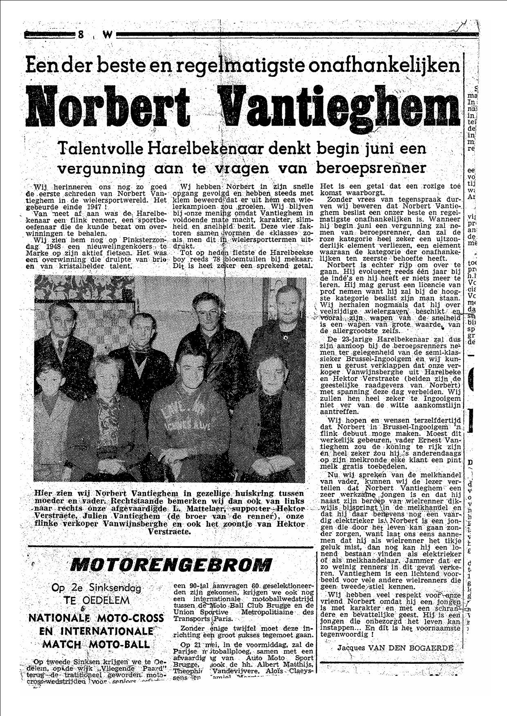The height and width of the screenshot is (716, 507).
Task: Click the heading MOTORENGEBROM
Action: (x=171, y=565)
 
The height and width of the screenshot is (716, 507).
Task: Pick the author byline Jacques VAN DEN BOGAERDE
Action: (x=395, y=648)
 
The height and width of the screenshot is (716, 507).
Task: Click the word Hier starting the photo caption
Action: (x=43, y=493)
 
